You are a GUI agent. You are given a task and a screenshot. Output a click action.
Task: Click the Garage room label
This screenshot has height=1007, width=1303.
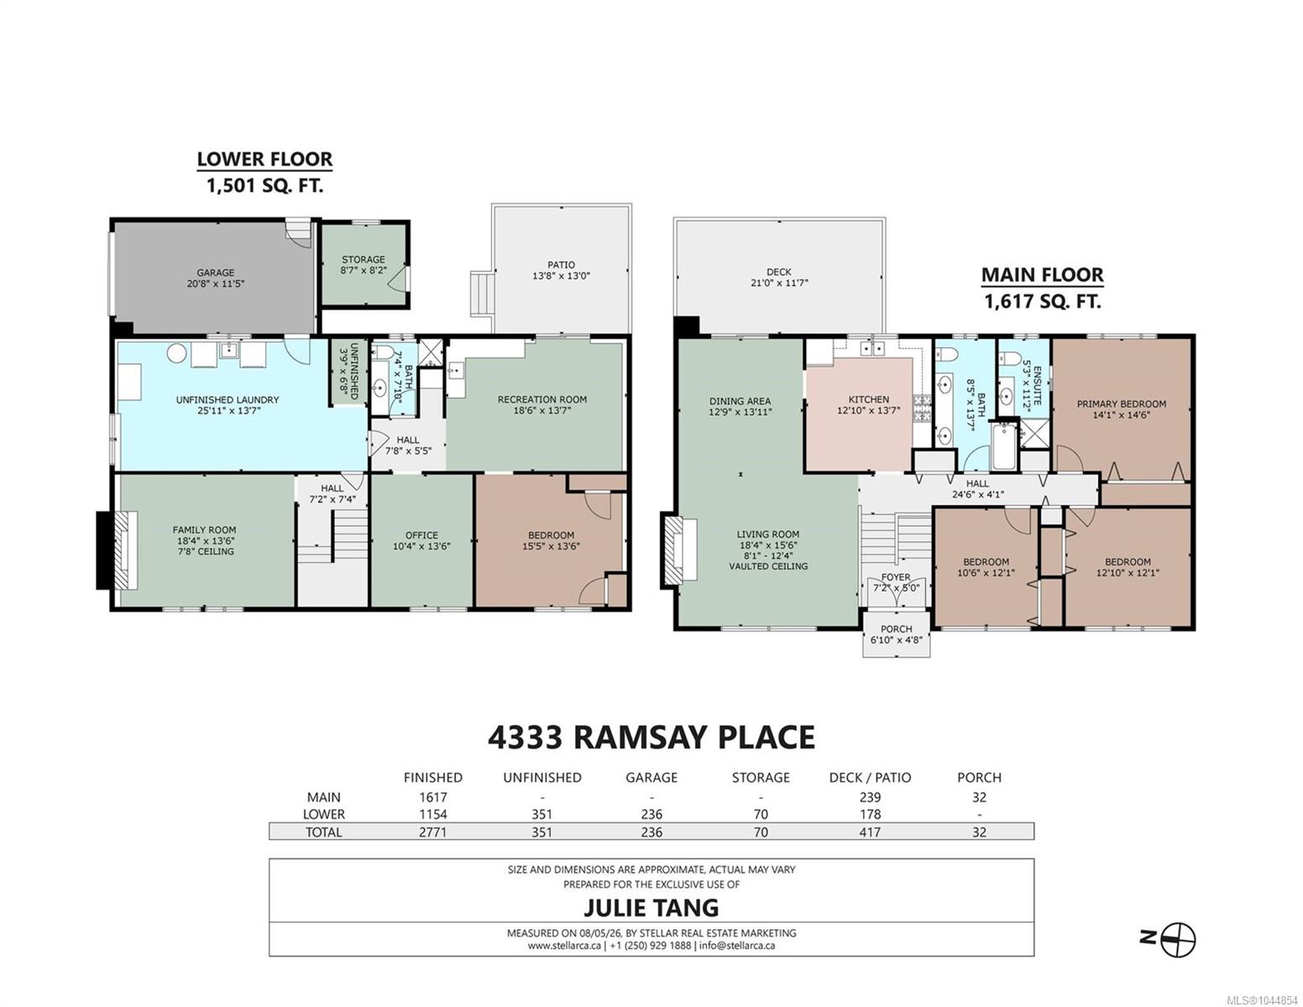(215, 273)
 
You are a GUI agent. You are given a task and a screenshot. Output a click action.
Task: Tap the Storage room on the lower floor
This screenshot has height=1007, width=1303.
(364, 265)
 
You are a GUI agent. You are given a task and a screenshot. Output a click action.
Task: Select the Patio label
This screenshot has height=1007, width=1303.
(562, 265)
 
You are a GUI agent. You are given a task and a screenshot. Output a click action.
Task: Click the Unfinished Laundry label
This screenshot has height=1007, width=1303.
(228, 399)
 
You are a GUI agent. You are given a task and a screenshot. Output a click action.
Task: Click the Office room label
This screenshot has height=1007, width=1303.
(421, 535)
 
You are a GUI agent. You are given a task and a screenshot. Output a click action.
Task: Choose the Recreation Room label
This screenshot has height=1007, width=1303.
(542, 399)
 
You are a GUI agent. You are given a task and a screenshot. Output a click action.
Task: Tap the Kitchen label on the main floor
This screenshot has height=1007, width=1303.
(869, 399)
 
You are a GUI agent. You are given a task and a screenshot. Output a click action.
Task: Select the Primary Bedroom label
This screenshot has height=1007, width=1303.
(1122, 404)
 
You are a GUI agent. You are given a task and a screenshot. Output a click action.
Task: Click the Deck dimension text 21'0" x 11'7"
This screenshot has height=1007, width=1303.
(779, 283)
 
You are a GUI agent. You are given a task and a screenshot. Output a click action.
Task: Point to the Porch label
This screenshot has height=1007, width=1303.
(897, 629)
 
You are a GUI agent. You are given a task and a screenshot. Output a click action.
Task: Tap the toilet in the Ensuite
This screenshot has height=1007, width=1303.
(1009, 359)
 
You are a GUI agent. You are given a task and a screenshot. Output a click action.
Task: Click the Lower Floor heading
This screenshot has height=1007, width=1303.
(264, 159)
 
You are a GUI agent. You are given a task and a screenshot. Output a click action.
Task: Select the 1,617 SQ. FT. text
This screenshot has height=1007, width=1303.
(1043, 300)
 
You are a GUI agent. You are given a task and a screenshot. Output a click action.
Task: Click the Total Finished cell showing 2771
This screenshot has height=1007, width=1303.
(433, 832)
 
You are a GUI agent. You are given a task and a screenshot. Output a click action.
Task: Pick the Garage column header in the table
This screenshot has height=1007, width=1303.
(651, 778)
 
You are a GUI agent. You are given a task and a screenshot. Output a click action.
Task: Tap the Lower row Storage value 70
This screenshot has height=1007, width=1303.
(761, 814)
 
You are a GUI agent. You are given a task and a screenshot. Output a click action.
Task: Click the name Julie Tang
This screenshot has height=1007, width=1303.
(651, 907)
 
